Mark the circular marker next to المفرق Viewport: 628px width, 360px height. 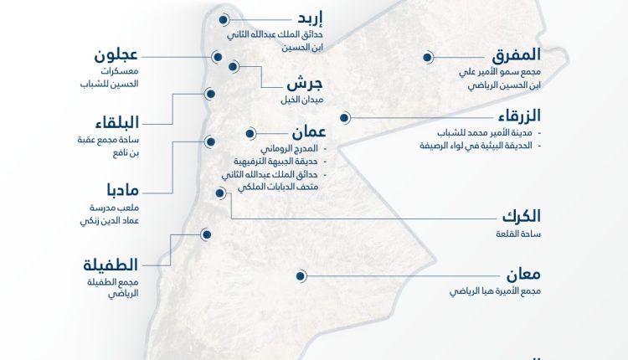[427, 58]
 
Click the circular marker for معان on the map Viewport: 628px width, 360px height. [299, 275]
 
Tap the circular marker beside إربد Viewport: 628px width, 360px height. [224, 19]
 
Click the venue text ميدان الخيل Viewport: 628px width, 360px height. [303, 100]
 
